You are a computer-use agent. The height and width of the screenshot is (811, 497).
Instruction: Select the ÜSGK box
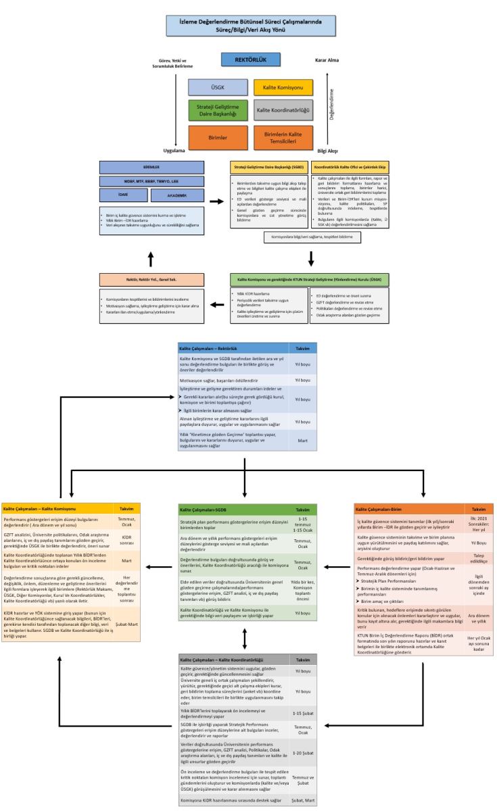pyautogui.click(x=218, y=87)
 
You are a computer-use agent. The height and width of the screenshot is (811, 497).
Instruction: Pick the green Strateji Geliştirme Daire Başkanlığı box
pyautogui.click(x=218, y=111)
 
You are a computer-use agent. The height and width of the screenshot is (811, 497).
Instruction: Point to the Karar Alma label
pyautogui.click(x=327, y=59)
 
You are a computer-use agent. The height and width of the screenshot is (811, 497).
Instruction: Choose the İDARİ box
pyautogui.click(x=114, y=194)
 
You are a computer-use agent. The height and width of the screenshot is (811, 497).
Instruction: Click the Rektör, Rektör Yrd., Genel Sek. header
pyautogui.click(x=151, y=279)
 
